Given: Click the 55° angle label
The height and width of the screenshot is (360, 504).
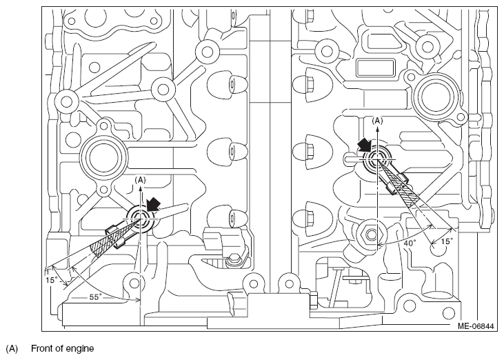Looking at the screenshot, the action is pos(95,297).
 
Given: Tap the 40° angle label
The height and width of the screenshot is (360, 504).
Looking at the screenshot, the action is pos(410,243).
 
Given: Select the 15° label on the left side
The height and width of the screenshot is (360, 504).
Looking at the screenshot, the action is pos(51,280).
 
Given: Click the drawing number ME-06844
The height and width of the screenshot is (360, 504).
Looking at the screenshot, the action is pos(476,326).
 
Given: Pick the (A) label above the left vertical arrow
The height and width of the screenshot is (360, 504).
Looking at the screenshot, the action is pos(140,180).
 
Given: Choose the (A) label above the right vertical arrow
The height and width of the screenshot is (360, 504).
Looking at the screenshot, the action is pos(377,121).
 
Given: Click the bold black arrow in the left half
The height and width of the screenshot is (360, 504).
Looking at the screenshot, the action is pos(153,203).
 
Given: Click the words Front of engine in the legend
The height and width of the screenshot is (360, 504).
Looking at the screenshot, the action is pos(62,348).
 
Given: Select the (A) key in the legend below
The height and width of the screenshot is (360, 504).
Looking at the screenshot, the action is pos(12,349).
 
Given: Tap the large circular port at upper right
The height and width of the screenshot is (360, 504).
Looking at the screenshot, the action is pos(435,98).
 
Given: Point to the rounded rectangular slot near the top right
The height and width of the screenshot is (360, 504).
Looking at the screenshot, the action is pos(376,68).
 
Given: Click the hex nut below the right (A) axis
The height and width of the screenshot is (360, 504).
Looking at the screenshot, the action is pos(371,235).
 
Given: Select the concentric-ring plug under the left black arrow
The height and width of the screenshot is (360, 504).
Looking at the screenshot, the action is pos(141,219).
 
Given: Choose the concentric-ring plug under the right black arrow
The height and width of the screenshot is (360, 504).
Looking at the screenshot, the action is pos(377,159).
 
